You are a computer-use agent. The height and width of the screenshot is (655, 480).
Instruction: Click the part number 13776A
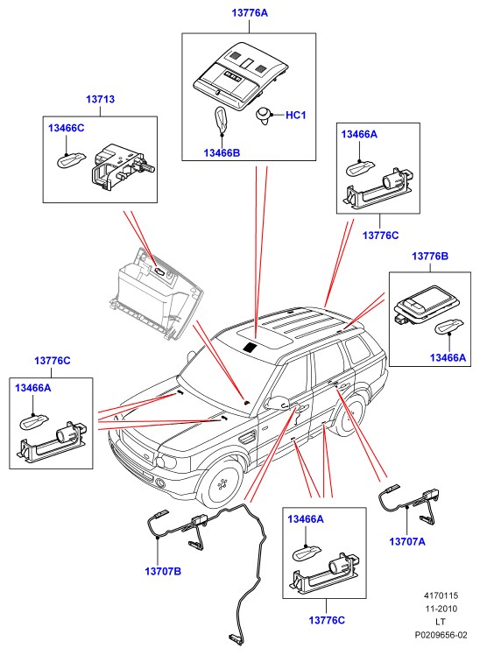pos(250,13)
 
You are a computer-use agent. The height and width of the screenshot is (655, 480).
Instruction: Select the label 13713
pos(100,100)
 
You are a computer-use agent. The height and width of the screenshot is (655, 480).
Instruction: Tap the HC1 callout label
pos(296,115)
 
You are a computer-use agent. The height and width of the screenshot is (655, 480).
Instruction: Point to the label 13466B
pos(222,153)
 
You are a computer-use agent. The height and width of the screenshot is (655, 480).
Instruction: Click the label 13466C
pos(66,128)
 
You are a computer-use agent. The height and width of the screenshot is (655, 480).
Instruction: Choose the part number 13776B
pos(430,256)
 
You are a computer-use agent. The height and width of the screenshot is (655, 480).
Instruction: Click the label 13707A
pos(407,541)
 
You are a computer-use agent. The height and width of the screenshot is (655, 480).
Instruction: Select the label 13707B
pos(163,571)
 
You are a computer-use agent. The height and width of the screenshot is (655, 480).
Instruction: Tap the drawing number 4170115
pos(441,595)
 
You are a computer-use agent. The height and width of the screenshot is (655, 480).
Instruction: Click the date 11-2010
pos(441,609)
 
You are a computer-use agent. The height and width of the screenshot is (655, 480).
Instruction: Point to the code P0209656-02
pos(441,635)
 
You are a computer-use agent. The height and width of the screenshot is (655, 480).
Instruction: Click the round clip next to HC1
pos(263,115)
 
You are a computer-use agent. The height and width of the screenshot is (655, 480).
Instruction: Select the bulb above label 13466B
pos(221,120)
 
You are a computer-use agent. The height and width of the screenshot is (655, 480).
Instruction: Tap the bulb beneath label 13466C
pos(72,160)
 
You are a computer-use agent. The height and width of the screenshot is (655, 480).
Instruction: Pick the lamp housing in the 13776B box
pos(426,306)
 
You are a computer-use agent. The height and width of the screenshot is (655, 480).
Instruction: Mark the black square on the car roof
pos(251,347)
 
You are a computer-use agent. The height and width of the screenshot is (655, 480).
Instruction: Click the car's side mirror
pos(277,402)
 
